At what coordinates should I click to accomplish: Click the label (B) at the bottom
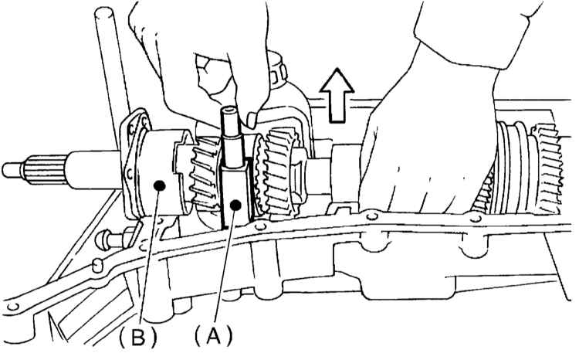(138, 337)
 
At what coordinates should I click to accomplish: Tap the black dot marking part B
(160, 185)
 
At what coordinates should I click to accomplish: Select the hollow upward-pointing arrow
(337, 95)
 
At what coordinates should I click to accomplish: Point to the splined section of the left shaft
(46, 170)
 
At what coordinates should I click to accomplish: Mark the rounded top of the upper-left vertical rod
(103, 13)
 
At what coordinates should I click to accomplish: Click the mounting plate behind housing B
(134, 163)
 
